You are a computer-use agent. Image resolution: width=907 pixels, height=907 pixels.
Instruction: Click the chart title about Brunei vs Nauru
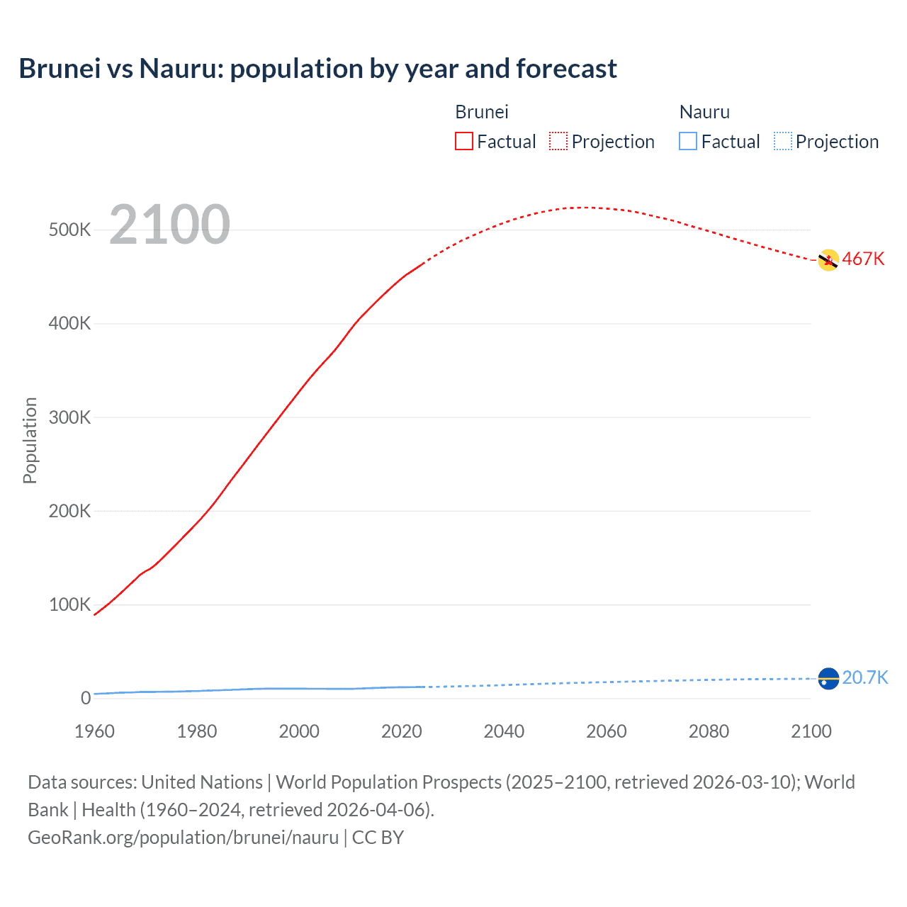pyautogui.click(x=317, y=69)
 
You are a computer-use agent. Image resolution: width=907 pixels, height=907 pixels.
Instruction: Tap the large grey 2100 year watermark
pyautogui.click(x=169, y=225)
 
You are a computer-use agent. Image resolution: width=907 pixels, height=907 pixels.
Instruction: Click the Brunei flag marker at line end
pyautogui.click(x=828, y=261)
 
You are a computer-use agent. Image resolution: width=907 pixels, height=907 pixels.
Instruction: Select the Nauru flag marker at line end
pyautogui.click(x=828, y=678)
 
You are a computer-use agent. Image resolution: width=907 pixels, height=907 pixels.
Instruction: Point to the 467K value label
pyautogui.click(x=863, y=259)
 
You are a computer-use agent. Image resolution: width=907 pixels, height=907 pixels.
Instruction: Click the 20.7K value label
pyautogui.click(x=864, y=678)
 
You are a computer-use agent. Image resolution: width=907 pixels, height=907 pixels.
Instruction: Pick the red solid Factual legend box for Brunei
pyautogui.click(x=464, y=142)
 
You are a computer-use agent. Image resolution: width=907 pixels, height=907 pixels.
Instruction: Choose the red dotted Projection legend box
pyautogui.click(x=558, y=142)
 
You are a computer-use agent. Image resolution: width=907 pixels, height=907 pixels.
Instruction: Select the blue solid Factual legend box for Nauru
pyautogui.click(x=688, y=142)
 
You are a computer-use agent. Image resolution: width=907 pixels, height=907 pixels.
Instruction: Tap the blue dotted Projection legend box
pyautogui.click(x=782, y=142)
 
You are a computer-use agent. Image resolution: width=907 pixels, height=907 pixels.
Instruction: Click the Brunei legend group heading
pyautogui.click(x=481, y=112)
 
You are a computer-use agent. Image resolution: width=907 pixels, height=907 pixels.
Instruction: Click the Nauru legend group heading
pyautogui.click(x=704, y=112)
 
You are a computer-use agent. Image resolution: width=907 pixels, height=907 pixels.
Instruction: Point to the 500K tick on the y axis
pyautogui.click(x=69, y=230)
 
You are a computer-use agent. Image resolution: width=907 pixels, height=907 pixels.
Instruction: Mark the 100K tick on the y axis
pyautogui.click(x=69, y=605)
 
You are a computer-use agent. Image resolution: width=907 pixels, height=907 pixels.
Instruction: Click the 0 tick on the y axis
pyautogui.click(x=86, y=699)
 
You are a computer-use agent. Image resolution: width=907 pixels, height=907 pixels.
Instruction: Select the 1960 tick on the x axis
pyautogui.click(x=94, y=731)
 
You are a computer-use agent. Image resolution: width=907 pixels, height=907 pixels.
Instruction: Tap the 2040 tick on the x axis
pyautogui.click(x=504, y=731)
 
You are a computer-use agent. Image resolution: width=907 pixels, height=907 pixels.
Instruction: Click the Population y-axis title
pyautogui.click(x=30, y=440)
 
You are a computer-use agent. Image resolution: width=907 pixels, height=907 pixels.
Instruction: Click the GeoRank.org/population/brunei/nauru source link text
pyautogui.click(x=183, y=838)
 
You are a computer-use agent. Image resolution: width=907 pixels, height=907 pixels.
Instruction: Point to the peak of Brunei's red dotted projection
pyautogui.click(x=585, y=208)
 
